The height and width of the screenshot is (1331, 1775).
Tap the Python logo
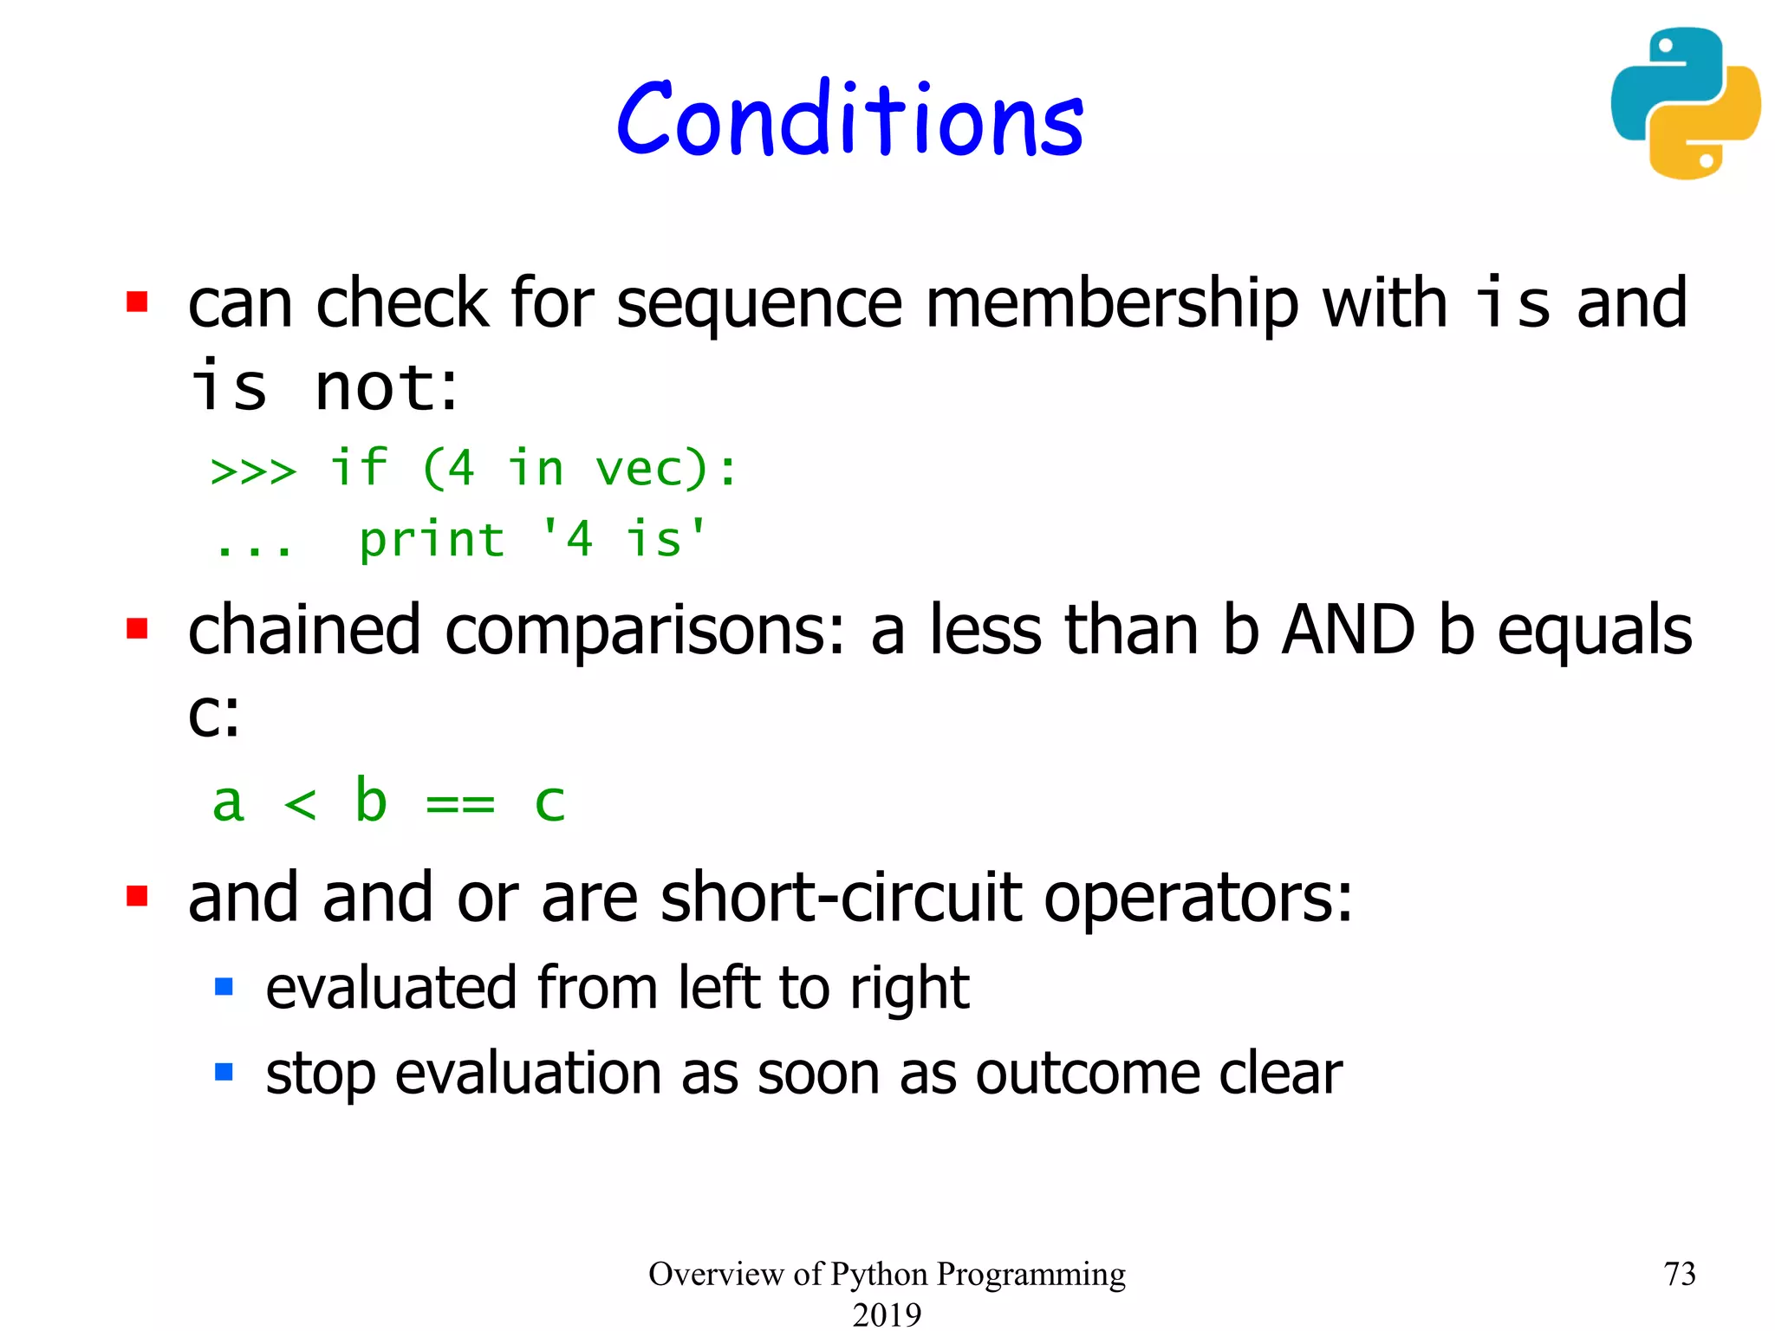click(x=1685, y=103)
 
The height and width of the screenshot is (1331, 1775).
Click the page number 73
click(x=1679, y=1274)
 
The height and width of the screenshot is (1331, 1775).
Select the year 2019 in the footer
click(x=887, y=1314)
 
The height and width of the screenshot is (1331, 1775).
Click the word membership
click(x=1112, y=305)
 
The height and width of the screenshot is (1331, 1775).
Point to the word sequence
click(x=759, y=305)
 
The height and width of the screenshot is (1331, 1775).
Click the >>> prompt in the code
click(x=253, y=471)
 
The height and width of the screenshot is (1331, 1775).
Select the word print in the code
click(x=432, y=541)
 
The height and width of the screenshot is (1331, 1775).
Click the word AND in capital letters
click(x=1349, y=630)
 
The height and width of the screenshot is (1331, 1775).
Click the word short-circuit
click(x=841, y=898)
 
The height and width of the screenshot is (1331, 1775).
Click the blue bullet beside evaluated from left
click(x=224, y=986)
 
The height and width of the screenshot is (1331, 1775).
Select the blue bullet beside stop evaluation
click(x=224, y=1072)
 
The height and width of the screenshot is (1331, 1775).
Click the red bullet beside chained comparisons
click(x=137, y=627)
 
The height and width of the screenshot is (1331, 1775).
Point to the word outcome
click(x=1087, y=1074)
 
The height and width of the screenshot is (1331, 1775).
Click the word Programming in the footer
click(x=1031, y=1275)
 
